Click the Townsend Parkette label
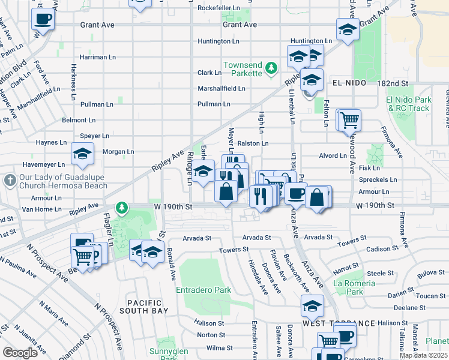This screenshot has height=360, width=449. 243,68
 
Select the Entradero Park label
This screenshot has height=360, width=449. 203,290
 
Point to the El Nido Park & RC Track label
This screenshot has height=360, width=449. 409,104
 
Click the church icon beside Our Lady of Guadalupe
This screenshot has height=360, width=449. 9,180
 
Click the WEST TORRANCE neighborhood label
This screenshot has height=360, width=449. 331,323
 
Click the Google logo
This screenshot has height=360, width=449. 20,353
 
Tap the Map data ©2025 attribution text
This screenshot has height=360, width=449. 424,355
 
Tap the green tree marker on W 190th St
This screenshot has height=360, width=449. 122,208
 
